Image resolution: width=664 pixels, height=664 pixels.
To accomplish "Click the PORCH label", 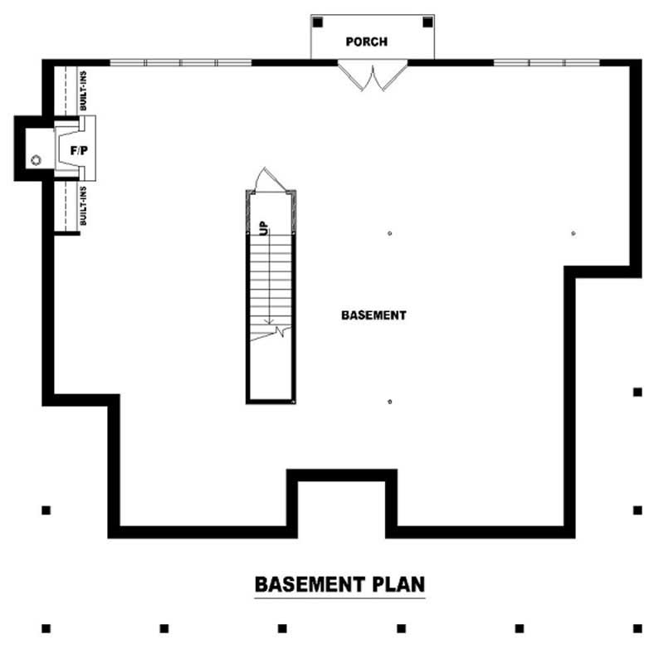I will click(x=366, y=41).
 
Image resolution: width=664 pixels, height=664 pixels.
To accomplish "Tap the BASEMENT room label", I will click(x=373, y=315).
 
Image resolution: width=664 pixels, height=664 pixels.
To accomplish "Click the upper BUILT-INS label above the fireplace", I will click(x=84, y=90).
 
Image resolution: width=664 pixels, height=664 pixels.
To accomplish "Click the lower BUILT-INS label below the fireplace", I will click(x=84, y=206).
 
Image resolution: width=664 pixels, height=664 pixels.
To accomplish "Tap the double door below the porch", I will click(x=372, y=76).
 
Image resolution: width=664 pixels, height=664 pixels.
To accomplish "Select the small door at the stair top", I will click(x=271, y=178).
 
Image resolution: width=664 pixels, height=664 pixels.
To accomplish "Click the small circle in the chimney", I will click(x=36, y=159).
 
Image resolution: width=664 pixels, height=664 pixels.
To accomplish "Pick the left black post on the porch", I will click(x=319, y=22).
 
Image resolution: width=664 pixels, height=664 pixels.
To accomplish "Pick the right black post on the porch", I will click(x=426, y=22).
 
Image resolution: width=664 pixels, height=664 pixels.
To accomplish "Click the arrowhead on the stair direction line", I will click(x=268, y=321).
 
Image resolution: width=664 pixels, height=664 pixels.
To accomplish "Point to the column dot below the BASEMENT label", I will click(x=389, y=402).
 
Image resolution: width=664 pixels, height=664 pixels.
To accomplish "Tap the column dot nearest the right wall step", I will click(x=574, y=234).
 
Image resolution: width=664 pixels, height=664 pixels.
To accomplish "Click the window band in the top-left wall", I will click(x=181, y=62).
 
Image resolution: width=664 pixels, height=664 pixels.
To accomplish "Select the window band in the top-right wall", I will click(x=546, y=62).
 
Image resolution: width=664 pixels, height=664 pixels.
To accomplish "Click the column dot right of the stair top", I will click(x=389, y=234).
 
